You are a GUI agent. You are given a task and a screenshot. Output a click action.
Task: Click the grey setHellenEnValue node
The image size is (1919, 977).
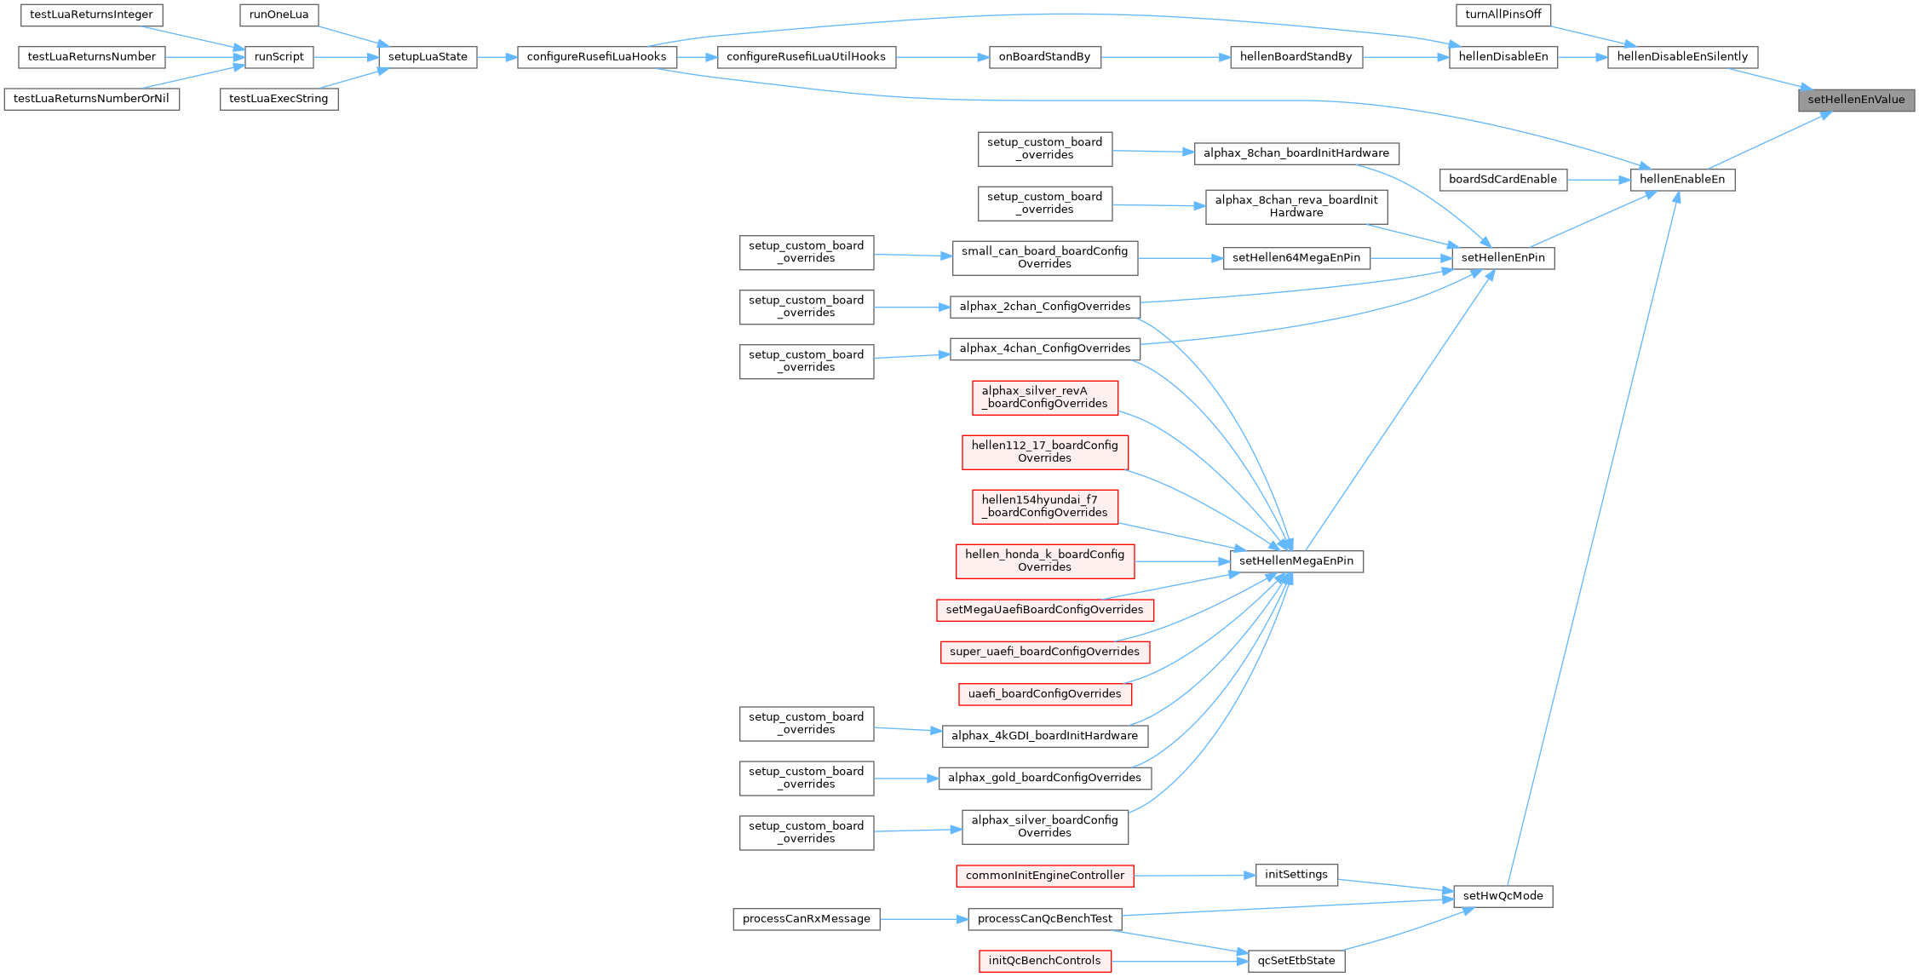click(x=1856, y=100)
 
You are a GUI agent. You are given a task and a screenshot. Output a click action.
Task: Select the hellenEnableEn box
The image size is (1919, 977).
click(x=1682, y=180)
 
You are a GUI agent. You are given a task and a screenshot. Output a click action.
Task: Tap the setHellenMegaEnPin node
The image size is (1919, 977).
click(x=1296, y=561)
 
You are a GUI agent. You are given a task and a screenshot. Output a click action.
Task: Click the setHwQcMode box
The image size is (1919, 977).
click(x=1503, y=896)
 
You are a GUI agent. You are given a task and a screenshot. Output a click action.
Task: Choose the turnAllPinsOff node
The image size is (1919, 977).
click(x=1503, y=14)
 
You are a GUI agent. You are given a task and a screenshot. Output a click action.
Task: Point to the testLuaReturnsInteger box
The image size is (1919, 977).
click(x=91, y=14)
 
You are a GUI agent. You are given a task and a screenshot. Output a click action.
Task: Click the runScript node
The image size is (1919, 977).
click(x=279, y=57)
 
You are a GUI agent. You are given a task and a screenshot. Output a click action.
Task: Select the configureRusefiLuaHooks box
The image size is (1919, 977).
click(x=597, y=57)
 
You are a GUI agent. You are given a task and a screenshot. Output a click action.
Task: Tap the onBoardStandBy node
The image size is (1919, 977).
click(x=1044, y=57)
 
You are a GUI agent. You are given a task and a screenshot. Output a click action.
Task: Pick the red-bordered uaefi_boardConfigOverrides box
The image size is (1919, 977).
click(x=1045, y=694)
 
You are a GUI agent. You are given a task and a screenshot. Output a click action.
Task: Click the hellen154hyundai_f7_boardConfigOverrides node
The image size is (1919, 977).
click(x=1045, y=506)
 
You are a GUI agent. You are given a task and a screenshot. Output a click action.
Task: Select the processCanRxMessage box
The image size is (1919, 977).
click(x=807, y=919)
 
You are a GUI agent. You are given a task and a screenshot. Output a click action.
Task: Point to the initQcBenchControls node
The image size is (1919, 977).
click(x=1045, y=961)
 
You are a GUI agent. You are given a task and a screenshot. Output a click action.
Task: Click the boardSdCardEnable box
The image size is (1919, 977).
click(x=1502, y=180)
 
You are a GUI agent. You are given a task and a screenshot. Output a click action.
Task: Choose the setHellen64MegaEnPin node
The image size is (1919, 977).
click(x=1296, y=258)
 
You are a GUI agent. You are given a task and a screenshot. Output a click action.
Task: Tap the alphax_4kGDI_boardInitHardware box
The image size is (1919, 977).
click(x=1045, y=736)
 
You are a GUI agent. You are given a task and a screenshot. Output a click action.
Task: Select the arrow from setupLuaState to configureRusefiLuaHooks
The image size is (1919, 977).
click(x=497, y=57)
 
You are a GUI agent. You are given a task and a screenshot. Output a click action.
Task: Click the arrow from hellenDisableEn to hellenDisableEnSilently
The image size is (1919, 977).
click(x=1583, y=57)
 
